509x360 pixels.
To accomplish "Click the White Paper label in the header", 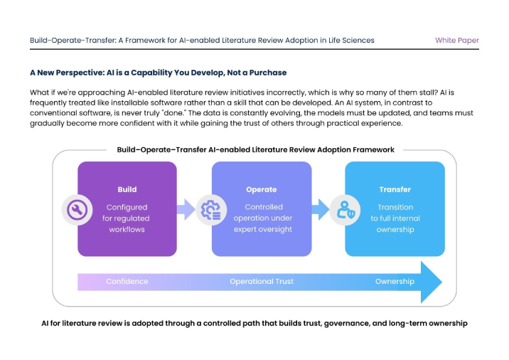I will tap(456, 41).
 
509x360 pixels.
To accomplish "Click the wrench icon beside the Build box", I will tap(76, 209).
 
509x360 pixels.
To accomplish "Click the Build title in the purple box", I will tap(127, 189).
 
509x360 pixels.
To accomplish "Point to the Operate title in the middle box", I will tap(262, 189).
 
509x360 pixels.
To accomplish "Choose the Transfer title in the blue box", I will tap(395, 189).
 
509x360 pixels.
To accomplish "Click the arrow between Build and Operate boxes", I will tap(186, 209).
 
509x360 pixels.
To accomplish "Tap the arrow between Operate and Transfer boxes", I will tap(321, 209).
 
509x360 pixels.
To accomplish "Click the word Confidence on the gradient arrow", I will tap(127, 282).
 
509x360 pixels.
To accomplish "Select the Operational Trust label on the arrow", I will tap(262, 282).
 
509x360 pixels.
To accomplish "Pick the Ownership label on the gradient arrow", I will tap(395, 282).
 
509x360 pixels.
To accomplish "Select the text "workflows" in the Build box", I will tap(127, 229).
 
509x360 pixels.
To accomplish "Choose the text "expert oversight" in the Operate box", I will tap(262, 229).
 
